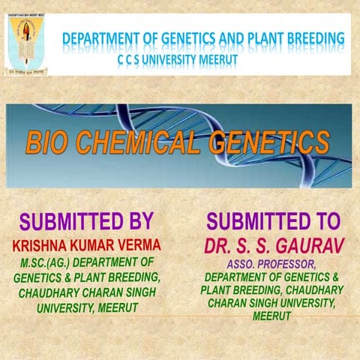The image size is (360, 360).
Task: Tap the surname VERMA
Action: point(138,245)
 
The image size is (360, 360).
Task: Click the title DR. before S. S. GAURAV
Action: point(219,246)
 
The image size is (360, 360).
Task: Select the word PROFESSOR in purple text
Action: point(289,265)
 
